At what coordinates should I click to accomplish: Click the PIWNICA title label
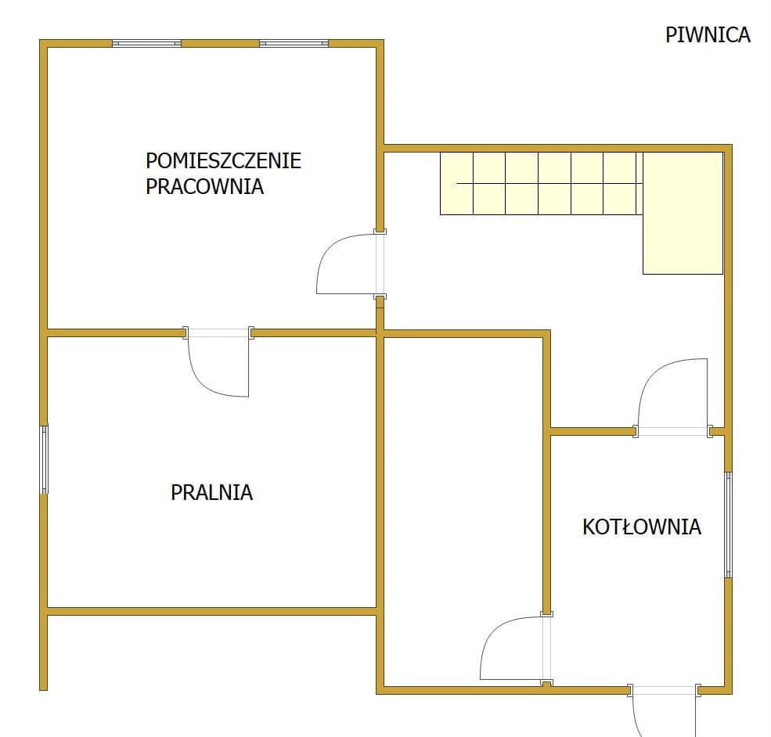[708, 35]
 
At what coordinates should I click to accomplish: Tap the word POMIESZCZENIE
[223, 160]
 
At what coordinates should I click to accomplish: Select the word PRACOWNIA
[204, 187]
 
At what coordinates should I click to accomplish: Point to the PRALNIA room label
[212, 492]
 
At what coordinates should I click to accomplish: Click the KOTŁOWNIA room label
[642, 527]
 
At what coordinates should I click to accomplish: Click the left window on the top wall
[146, 43]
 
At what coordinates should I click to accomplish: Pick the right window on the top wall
[294, 43]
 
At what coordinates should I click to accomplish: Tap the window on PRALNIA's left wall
[44, 459]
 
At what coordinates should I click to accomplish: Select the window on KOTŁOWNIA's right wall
[729, 525]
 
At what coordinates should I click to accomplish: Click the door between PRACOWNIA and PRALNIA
[218, 362]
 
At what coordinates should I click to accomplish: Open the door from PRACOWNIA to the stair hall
[351, 264]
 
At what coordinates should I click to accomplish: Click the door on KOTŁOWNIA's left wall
[516, 649]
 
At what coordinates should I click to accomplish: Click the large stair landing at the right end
[683, 213]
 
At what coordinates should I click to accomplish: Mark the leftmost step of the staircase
[456, 183]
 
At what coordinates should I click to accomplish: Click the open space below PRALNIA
[211, 651]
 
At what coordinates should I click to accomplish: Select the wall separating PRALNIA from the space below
[212, 611]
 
